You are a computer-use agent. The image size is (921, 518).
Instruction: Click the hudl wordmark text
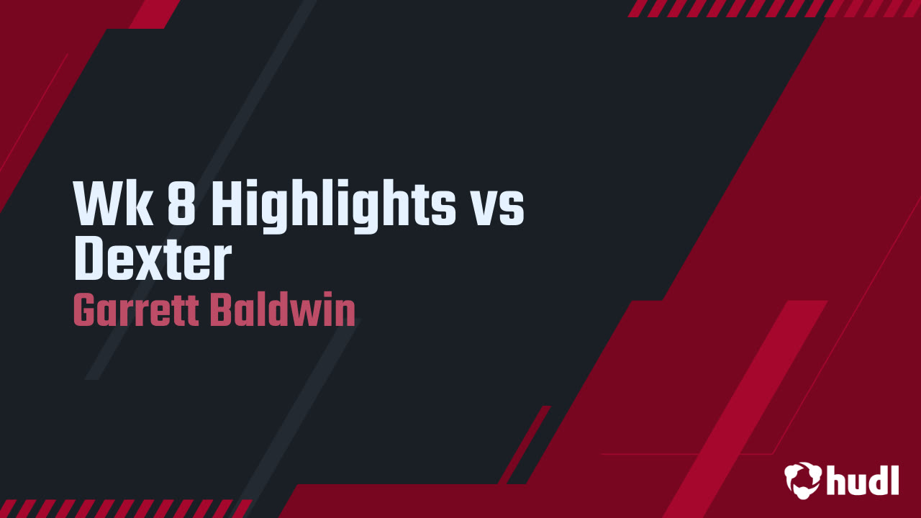[863, 479]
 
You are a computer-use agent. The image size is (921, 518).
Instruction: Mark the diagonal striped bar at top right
[773, 8]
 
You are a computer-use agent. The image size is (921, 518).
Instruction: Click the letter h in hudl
[837, 479]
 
